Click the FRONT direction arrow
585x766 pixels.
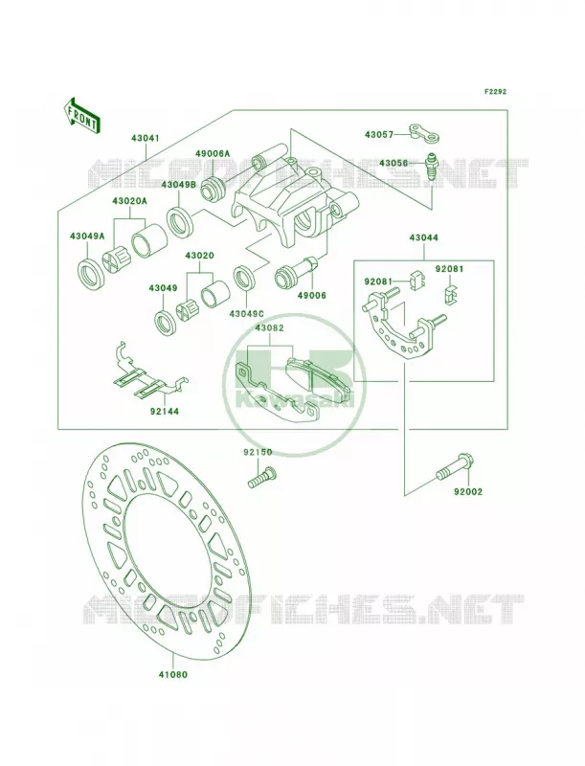[81, 115]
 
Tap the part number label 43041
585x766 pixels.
[145, 138]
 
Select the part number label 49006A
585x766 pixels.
[213, 153]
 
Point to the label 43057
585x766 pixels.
[379, 134]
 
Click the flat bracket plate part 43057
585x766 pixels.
[425, 133]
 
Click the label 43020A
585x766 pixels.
[129, 201]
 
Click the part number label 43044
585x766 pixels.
[423, 237]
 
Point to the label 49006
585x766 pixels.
[311, 295]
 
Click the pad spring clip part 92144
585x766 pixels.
[147, 372]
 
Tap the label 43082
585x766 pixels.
[269, 329]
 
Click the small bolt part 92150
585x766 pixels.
[262, 476]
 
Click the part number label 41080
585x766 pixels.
[172, 675]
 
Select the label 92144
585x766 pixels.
[164, 412]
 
